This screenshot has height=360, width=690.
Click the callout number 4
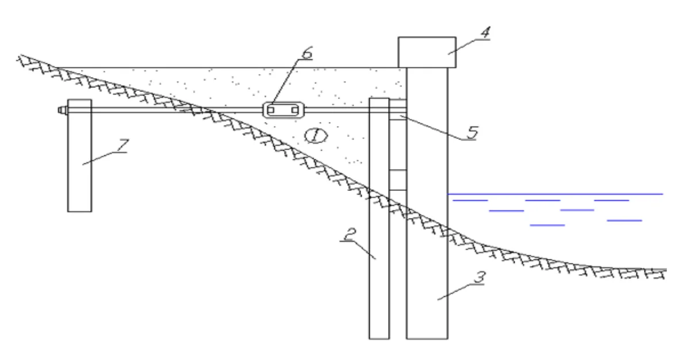(486, 32)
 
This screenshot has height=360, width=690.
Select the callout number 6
(308, 53)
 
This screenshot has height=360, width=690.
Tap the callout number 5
(473, 132)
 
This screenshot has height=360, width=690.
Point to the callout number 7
(123, 145)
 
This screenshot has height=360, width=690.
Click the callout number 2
(350, 235)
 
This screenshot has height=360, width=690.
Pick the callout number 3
(480, 277)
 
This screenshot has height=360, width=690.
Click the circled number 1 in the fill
(316, 136)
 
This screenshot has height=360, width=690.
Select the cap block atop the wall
(427, 52)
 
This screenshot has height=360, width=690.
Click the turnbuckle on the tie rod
(283, 110)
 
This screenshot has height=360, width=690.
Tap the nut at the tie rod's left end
(63, 110)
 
